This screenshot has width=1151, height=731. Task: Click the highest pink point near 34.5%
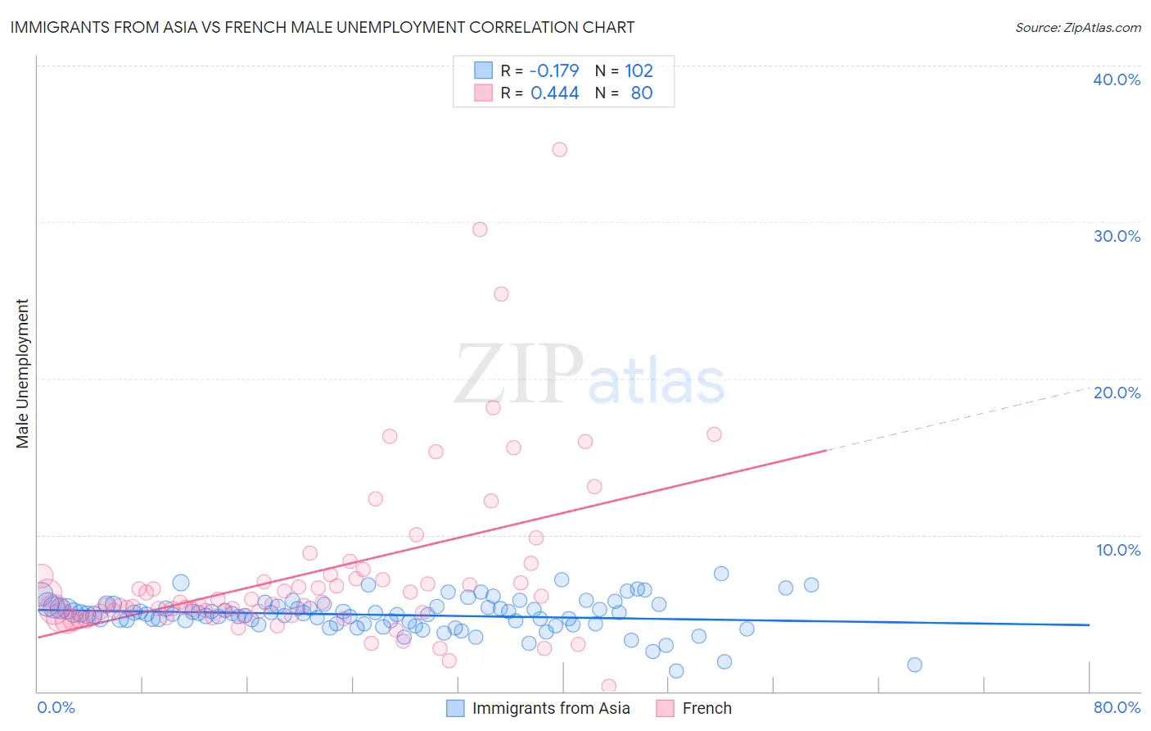click(559, 149)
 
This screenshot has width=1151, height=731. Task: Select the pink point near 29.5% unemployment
click(480, 229)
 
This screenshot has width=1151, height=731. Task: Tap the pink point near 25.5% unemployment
click(501, 293)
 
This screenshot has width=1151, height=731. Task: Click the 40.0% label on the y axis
click(1117, 79)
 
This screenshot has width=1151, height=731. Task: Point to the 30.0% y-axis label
click(1117, 236)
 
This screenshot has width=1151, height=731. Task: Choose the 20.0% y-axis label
click(1117, 393)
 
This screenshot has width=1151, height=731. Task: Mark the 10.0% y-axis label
click(1118, 550)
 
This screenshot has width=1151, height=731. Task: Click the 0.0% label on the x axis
click(56, 707)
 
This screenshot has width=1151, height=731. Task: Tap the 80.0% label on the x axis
click(1117, 707)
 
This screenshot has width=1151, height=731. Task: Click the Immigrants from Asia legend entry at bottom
click(550, 708)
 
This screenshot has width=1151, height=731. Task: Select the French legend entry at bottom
click(706, 708)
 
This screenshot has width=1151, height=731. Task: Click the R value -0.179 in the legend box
click(554, 70)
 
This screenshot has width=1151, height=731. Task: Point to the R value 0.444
click(554, 93)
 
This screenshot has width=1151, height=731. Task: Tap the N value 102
click(639, 70)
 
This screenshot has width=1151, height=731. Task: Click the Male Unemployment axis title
click(22, 374)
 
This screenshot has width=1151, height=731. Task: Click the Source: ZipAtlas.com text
click(1077, 27)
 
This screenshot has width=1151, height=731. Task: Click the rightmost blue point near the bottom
click(914, 665)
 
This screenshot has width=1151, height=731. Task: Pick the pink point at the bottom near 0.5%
click(608, 686)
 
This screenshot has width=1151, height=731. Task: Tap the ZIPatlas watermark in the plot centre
click(589, 375)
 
